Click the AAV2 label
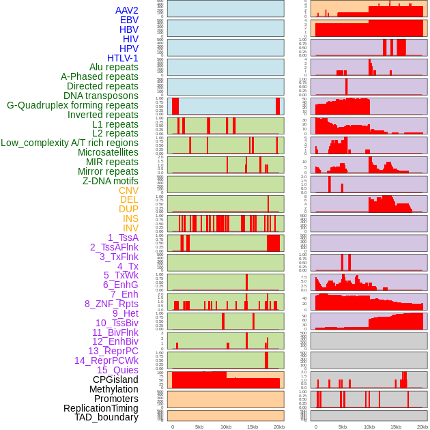[127, 10]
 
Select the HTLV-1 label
[123, 58]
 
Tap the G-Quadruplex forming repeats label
[72, 105]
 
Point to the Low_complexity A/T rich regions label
[70, 143]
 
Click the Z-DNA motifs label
[111, 181]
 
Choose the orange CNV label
[128, 190]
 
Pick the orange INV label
[130, 228]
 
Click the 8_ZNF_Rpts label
[111, 304]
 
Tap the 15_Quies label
[117, 370]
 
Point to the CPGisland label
[115, 379]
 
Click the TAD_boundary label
[106, 417]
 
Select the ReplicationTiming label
[101, 408]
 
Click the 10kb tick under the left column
[225, 427]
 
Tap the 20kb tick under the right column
[422, 427]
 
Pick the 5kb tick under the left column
[199, 427]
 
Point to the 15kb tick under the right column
[396, 427]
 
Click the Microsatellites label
[108, 152]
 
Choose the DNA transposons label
[101, 96]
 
